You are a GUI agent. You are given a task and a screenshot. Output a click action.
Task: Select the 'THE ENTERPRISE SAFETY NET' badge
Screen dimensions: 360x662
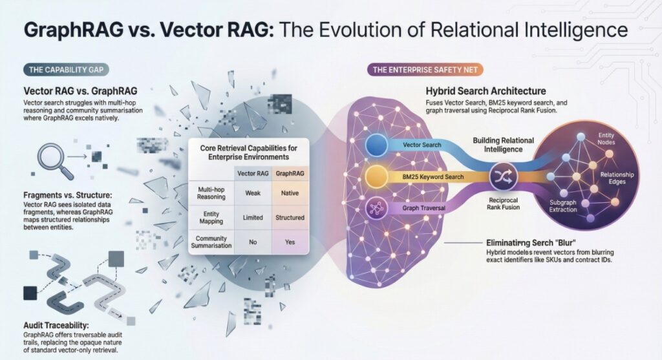[x=423, y=69]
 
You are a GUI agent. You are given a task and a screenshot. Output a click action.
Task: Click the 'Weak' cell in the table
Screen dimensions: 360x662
[x=252, y=193]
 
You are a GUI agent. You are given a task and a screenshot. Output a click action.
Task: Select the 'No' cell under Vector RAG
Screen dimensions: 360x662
[x=252, y=242]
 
